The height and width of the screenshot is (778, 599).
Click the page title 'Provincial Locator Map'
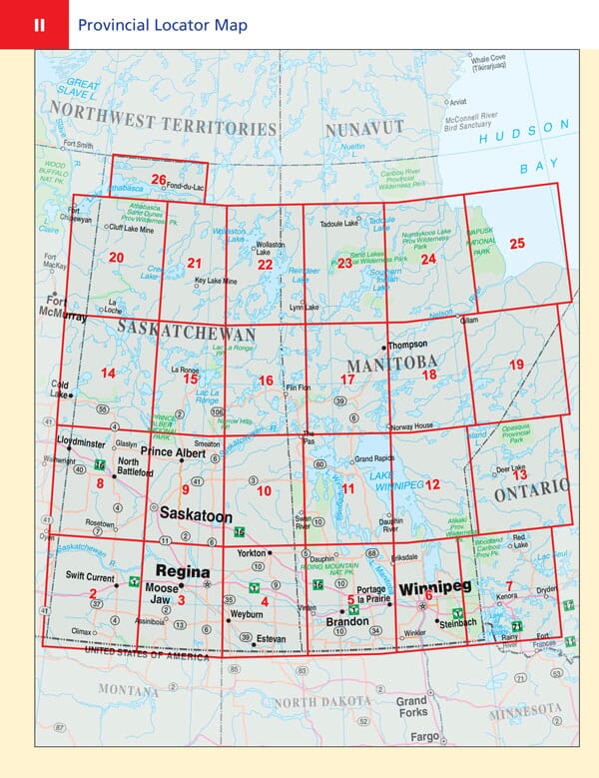click(162, 25)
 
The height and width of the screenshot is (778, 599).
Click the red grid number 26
click(158, 180)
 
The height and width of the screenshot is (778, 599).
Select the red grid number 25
click(516, 243)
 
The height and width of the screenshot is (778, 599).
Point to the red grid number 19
click(515, 366)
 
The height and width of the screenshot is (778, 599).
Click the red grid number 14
click(108, 374)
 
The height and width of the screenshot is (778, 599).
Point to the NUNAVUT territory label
click(356, 128)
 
